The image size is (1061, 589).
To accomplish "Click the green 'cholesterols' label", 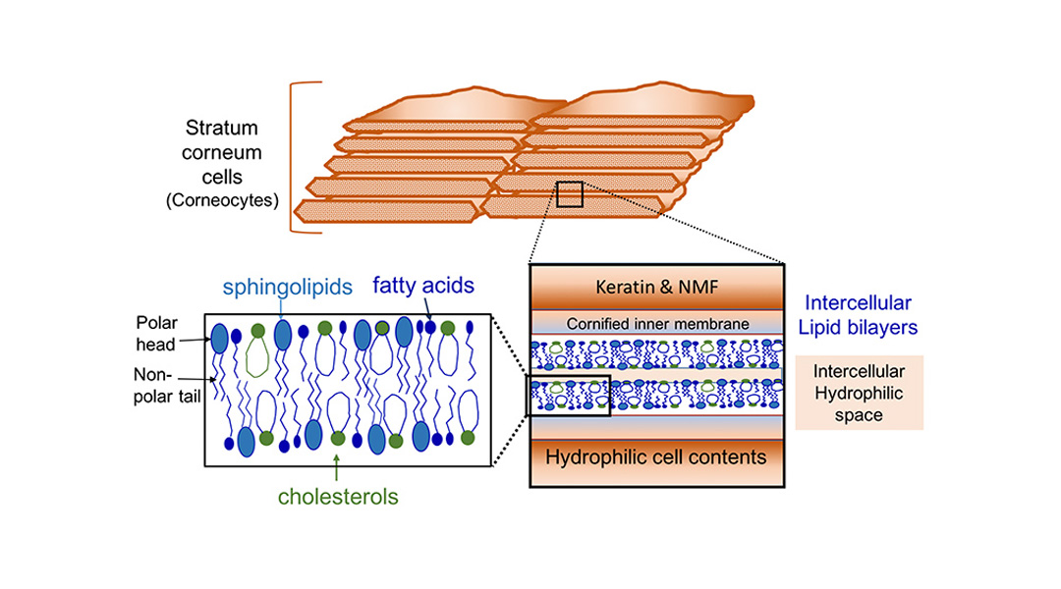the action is coord(338,497).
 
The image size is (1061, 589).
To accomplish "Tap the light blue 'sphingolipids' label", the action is coord(288,288).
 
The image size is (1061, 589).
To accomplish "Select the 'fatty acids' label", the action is coord(422,286).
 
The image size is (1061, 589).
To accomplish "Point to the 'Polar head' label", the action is coord(156,334).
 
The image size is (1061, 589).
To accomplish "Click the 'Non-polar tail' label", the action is coord(166,386).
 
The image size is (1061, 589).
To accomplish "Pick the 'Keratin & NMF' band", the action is coord(656,288).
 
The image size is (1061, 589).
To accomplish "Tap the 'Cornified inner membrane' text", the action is coord(657,324).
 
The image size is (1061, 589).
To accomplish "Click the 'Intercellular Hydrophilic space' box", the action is coord(859,393).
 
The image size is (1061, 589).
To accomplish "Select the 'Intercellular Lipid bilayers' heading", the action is coord(858,315).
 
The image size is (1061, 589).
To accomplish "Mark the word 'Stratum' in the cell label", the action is coord(221,128).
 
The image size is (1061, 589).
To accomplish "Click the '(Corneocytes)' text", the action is coord(223,201).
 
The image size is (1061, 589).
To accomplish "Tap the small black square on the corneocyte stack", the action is coord(570,194).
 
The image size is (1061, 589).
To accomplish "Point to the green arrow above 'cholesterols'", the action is coord(336,467).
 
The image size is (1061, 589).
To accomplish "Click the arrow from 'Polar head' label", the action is coord(195,340).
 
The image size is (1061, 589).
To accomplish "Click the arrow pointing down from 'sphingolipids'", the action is coord(281,309).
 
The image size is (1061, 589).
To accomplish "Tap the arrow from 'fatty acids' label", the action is coord(427,308).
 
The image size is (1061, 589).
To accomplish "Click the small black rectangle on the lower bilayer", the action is coord(569,396).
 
